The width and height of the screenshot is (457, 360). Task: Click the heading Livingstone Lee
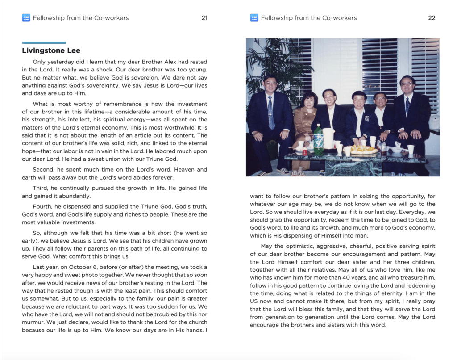click(51, 50)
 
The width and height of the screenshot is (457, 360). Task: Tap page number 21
click(204, 18)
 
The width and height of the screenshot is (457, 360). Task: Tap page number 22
click(432, 18)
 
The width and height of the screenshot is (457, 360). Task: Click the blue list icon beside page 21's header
click(26, 18)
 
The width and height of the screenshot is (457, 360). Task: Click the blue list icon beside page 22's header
click(254, 18)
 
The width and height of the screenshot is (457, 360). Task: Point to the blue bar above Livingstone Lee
click(44, 43)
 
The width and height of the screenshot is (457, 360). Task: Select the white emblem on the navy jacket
click(365, 120)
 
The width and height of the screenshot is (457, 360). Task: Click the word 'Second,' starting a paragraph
click(44, 170)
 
